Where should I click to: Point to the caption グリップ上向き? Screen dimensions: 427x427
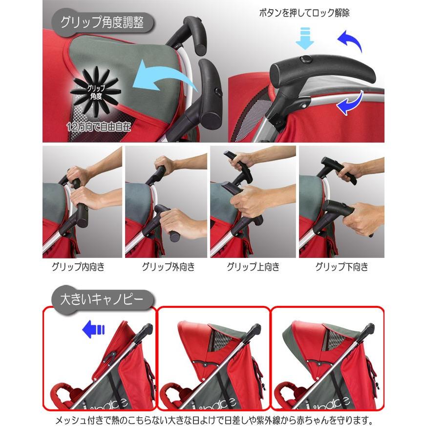coord(253,267)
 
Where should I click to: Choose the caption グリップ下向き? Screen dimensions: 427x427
coord(342,267)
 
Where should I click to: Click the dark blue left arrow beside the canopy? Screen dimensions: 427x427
coord(93,330)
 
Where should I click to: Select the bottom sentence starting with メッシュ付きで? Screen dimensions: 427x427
coord(213,419)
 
